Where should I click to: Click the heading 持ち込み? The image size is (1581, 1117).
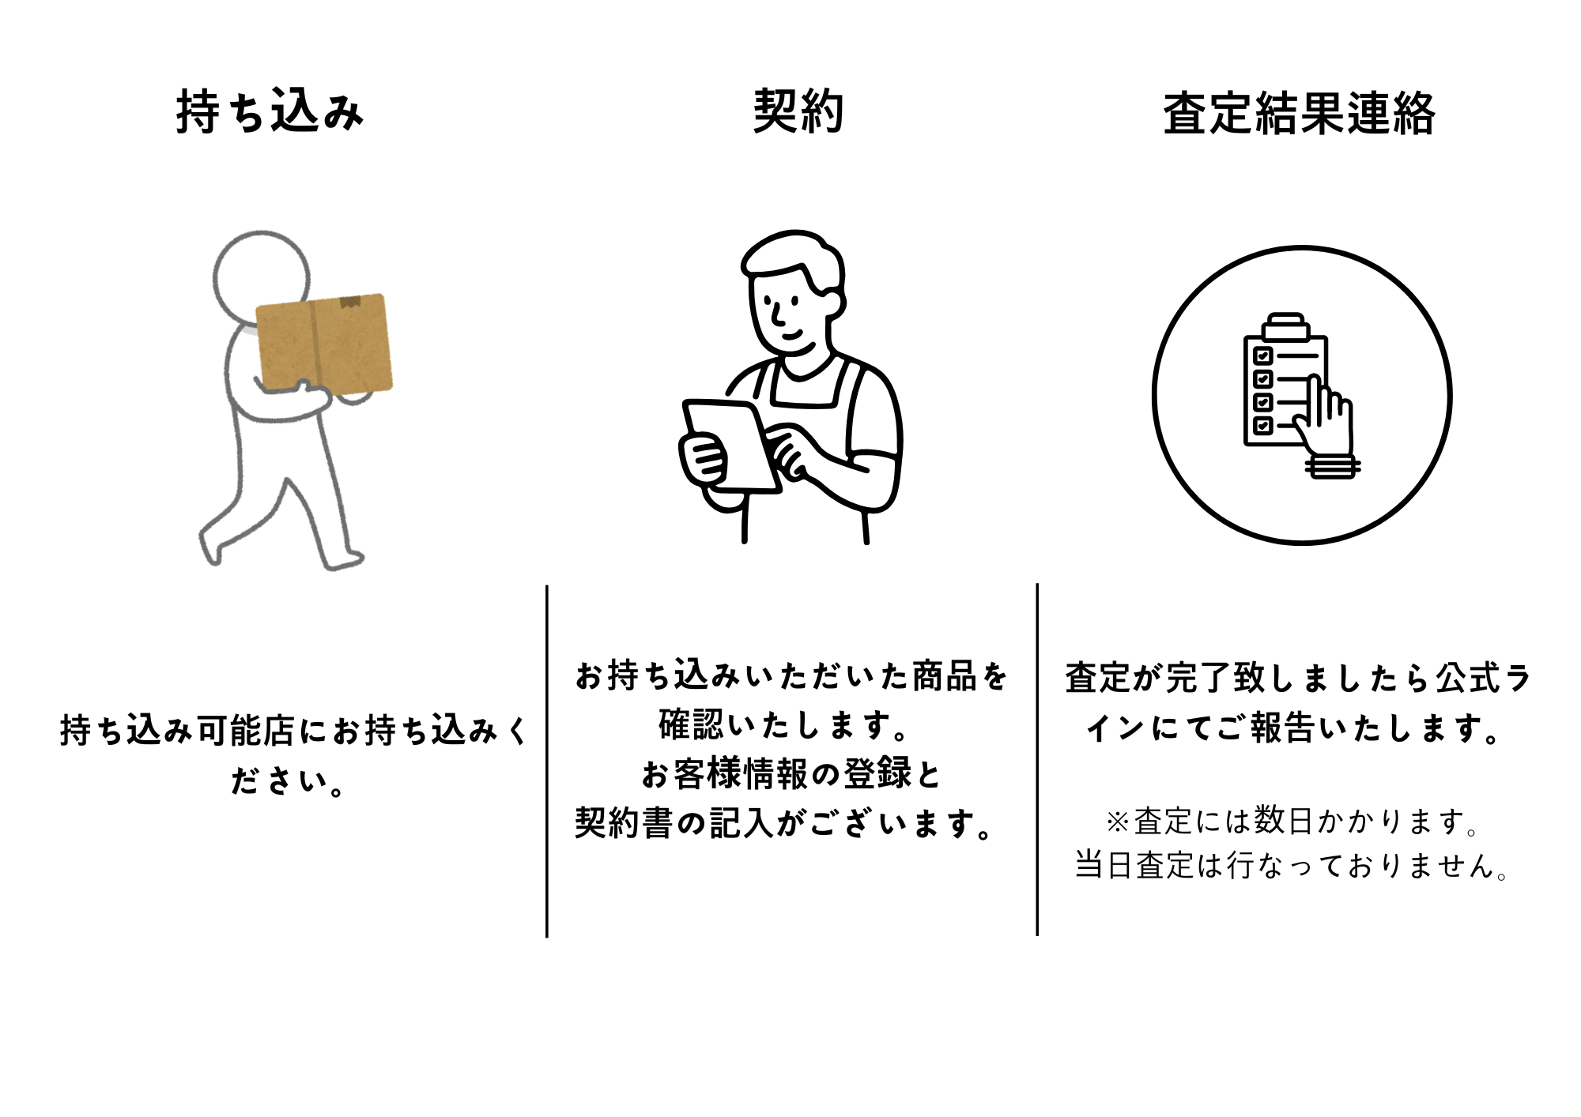point(270,111)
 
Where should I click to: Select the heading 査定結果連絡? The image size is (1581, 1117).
point(1299,114)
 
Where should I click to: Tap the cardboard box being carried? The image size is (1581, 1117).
point(325,343)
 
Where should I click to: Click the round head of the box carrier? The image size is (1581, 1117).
point(262,276)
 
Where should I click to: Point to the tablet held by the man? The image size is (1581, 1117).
point(731,446)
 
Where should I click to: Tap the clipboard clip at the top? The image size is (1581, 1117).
point(1286,326)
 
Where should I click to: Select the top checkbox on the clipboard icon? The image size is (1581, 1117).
point(1262,355)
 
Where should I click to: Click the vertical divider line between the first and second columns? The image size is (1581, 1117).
point(546,762)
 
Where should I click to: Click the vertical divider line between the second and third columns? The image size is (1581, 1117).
point(1037,760)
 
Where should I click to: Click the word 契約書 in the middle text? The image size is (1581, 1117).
point(624,823)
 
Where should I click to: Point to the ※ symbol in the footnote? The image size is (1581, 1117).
point(1118,822)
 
